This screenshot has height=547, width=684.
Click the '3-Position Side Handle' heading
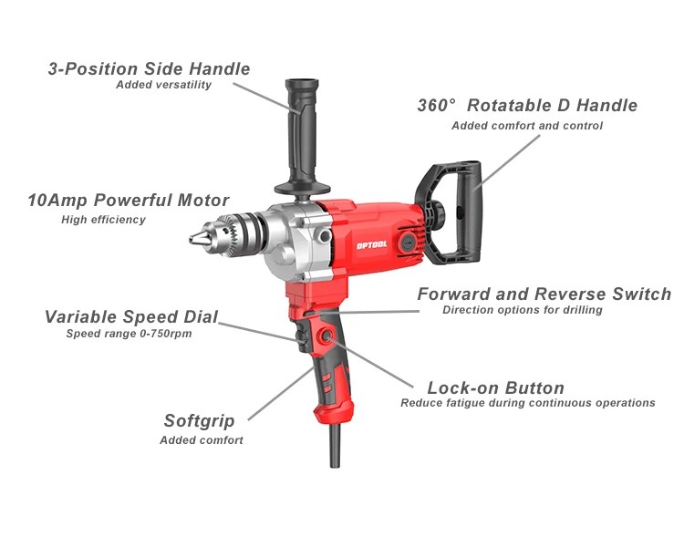pyautogui.click(x=149, y=68)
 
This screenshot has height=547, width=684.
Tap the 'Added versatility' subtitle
pyautogui.click(x=163, y=86)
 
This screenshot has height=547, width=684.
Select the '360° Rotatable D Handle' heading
pyautogui.click(x=527, y=106)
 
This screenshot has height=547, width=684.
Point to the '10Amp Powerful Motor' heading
pyautogui.click(x=128, y=201)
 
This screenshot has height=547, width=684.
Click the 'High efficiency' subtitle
pyautogui.click(x=103, y=220)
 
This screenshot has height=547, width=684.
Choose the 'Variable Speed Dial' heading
pyautogui.click(x=131, y=317)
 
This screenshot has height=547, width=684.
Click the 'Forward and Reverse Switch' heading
pyautogui.click(x=544, y=294)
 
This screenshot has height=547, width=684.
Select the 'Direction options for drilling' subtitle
pyautogui.click(x=523, y=311)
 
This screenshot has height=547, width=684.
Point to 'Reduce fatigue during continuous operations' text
pyautogui.click(x=528, y=403)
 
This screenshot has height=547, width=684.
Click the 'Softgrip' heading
pyautogui.click(x=199, y=421)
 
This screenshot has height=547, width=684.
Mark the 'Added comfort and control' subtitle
pyautogui.click(x=527, y=126)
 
